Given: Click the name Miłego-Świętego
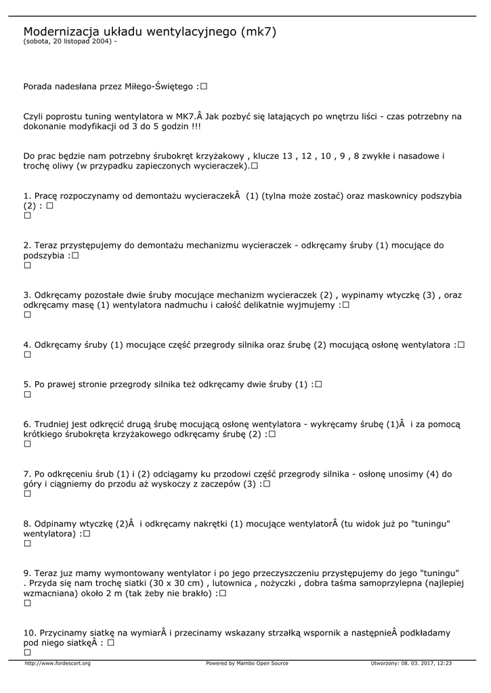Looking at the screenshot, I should pos(160,87).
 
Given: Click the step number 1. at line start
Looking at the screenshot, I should pos(27,196).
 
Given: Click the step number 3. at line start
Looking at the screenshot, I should pos(27,295).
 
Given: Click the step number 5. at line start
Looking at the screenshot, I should pos(27,384).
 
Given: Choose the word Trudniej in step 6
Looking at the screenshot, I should pos(54,424).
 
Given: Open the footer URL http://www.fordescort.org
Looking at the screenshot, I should pos(58,663).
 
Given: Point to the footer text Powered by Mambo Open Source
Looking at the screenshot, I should pos(247,663).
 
